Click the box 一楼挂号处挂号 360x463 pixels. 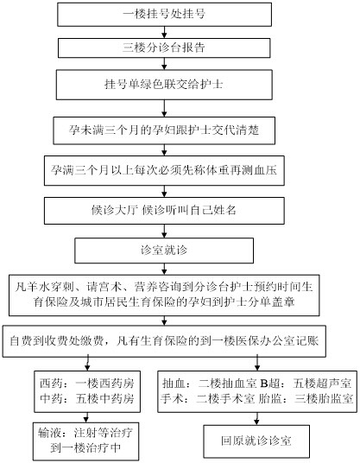[164, 15]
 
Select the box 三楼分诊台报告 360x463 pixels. [164, 48]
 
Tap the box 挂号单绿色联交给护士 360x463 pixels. [164, 85]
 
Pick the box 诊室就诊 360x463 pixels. [164, 251]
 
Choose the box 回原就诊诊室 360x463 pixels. [256, 441]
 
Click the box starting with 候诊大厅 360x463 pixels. [164, 211]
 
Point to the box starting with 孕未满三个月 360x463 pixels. [164, 130]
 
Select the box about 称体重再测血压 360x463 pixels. [164, 171]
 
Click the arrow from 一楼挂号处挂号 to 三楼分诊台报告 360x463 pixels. [164, 33]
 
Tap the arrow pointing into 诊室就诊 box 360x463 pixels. [164, 231]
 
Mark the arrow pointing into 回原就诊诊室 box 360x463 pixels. [256, 419]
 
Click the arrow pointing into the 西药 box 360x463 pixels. [88, 364]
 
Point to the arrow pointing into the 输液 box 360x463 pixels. [86, 417]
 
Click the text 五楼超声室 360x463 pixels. [322, 384]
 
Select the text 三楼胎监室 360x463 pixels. [324, 399]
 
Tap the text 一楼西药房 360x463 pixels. [104, 384]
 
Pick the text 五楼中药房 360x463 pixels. [104, 398]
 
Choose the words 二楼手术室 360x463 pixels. [225, 399]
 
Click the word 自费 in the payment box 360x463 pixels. [21, 341]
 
